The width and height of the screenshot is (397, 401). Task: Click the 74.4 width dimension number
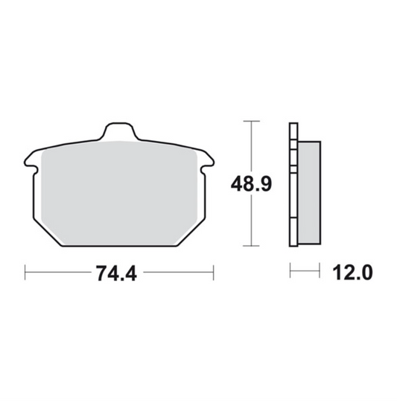pos(116,273)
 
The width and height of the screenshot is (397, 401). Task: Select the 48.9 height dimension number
pos(251,183)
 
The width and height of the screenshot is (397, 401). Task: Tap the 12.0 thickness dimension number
pos(352,273)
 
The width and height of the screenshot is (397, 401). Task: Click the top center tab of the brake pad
pos(119,131)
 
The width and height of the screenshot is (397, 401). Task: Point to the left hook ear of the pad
pos(31,160)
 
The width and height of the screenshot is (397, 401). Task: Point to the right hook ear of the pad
pos(207,160)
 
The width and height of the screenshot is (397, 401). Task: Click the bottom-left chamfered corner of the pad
pos(48,233)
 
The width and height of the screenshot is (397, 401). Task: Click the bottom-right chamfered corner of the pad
pos(191,233)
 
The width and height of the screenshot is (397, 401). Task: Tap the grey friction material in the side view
pos(309,192)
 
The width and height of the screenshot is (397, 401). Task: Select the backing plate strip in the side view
pos(293,185)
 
